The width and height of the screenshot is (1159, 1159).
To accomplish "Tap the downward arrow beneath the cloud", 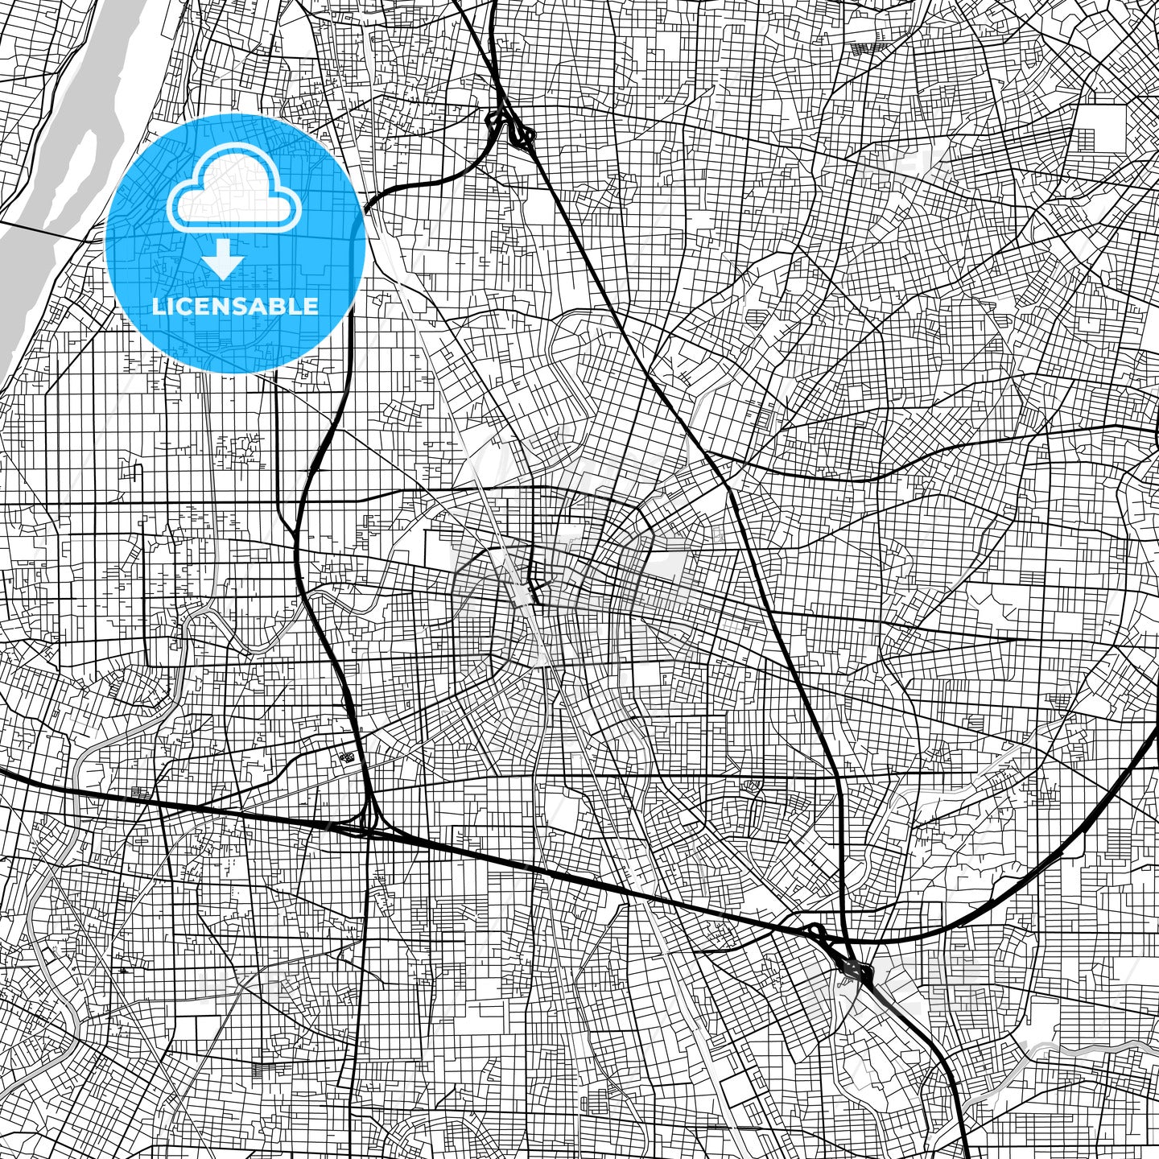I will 223,261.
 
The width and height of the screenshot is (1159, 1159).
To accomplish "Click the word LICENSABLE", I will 235,307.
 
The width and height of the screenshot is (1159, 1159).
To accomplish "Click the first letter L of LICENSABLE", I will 158,307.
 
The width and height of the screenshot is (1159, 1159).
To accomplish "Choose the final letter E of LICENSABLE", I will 311,307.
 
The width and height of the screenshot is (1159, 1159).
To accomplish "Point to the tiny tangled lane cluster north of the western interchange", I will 349,757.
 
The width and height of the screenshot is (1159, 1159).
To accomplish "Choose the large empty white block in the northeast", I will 1101,129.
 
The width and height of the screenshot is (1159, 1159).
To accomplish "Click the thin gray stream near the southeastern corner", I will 1087,1048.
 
